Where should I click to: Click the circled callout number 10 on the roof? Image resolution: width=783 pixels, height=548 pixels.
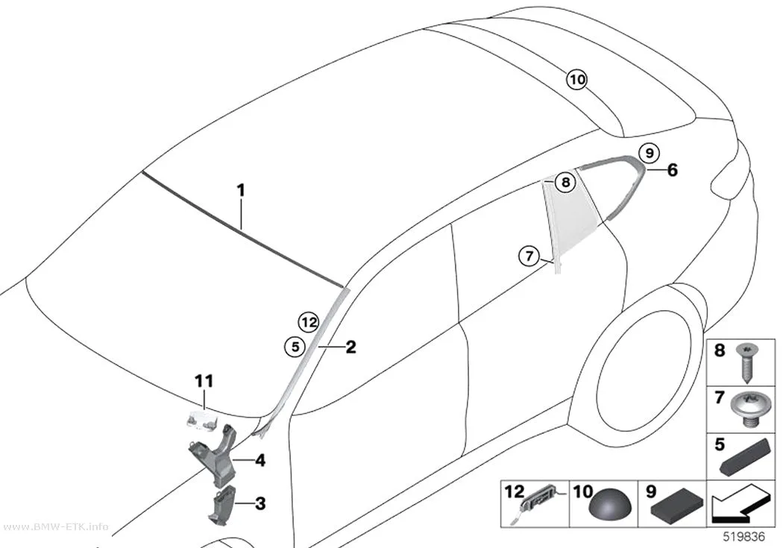pyautogui.click(x=576, y=80)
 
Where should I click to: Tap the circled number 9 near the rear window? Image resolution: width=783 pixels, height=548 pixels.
pyautogui.click(x=650, y=153)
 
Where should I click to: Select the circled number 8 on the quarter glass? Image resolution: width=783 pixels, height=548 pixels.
pyautogui.click(x=565, y=182)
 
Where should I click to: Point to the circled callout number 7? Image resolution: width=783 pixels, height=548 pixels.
pyautogui.click(x=529, y=256)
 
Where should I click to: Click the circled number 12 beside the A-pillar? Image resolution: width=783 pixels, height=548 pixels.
pyautogui.click(x=309, y=322)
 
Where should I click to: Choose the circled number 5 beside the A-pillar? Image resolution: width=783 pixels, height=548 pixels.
pyautogui.click(x=295, y=347)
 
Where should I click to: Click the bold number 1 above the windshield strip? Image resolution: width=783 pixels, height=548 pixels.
pyautogui.click(x=241, y=190)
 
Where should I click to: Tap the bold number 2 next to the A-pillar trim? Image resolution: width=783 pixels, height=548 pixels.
pyautogui.click(x=351, y=347)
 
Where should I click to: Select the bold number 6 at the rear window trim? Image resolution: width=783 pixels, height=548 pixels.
pyautogui.click(x=673, y=170)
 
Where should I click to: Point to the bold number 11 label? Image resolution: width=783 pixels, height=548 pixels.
pyautogui.click(x=204, y=381)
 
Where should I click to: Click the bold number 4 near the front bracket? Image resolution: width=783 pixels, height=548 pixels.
pyautogui.click(x=260, y=460)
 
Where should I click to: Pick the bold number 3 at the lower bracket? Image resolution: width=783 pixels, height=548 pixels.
pyautogui.click(x=260, y=503)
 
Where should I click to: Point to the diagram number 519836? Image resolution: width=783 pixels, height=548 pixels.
pyautogui.click(x=744, y=537)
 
